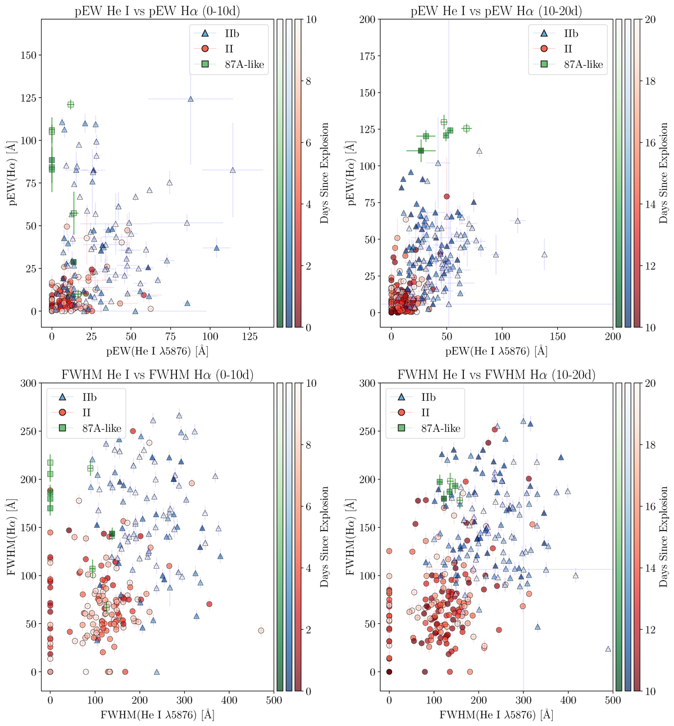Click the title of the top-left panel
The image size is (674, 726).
click(x=158, y=11)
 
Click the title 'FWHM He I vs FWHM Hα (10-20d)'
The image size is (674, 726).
click(x=497, y=375)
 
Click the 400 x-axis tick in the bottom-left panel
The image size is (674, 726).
click(x=229, y=700)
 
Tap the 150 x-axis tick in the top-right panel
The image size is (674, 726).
click(x=558, y=336)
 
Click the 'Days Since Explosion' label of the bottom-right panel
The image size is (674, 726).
click(x=664, y=537)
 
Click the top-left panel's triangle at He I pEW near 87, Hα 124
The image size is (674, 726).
click(x=190, y=99)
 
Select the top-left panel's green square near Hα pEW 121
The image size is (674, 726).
click(x=71, y=104)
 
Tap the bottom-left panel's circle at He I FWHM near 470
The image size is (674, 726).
click(x=261, y=631)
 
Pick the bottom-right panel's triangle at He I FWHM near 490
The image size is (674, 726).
click(x=608, y=649)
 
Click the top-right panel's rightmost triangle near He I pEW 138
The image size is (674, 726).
click(x=544, y=254)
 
